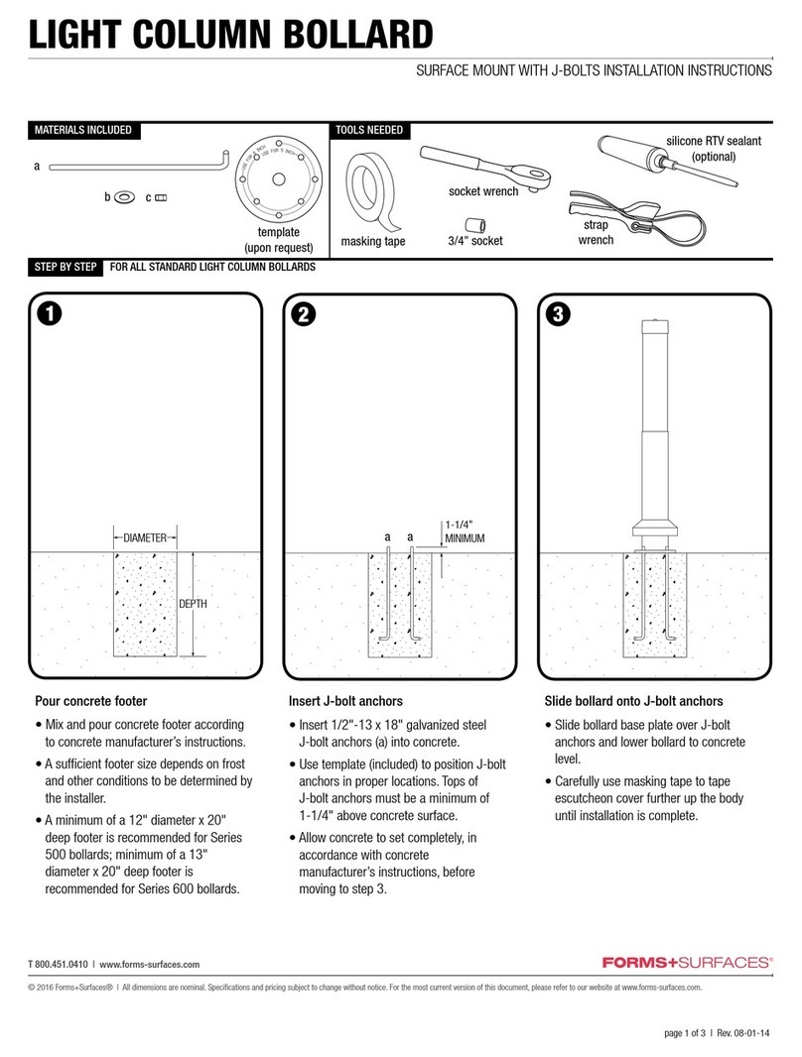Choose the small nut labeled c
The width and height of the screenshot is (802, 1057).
pos(161,198)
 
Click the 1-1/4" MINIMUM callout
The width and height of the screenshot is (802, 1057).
pos(464,530)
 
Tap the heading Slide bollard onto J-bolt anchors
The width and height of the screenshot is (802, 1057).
pos(625,701)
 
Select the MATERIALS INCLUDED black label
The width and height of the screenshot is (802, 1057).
pos(82,130)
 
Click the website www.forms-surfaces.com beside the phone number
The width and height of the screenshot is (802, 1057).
pos(150,964)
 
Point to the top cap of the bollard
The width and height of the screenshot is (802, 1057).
pos(655,323)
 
